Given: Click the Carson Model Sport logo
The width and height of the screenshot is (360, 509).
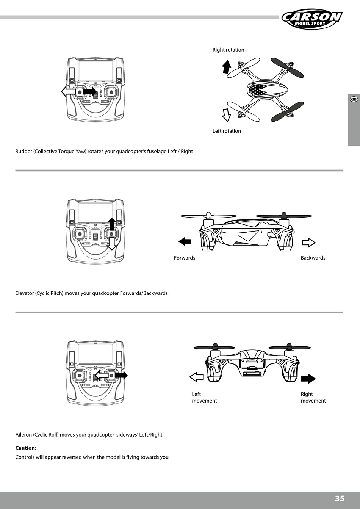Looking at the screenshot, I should coord(311,19).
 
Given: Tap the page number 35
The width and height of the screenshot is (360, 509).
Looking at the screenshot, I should coord(340,498).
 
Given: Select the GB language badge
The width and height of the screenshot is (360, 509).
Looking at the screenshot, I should coord(353,99).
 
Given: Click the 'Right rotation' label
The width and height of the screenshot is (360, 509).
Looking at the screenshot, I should coord(228,50).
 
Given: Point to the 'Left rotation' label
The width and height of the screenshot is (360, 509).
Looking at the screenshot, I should coord(227,131).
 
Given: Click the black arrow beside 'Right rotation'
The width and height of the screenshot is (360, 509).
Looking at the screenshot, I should coord(226,67).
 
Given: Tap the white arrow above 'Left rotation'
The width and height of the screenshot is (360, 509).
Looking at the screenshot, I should coord(226,115).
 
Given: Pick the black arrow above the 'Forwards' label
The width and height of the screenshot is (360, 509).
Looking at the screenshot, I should coord(185,241).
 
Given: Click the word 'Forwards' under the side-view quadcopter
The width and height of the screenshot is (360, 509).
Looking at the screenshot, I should coord(185,258).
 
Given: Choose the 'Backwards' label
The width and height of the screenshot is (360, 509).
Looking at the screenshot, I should coord(313,258).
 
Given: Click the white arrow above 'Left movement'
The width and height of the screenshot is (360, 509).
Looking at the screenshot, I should coord(196,377).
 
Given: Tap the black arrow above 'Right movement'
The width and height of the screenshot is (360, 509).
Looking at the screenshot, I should coord(308,379).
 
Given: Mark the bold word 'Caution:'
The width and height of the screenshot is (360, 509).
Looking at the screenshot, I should coord(26,448).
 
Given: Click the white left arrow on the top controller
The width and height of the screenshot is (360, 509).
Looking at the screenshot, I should coord(68,91).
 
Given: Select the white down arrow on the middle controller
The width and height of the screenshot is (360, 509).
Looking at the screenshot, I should coord(111,244).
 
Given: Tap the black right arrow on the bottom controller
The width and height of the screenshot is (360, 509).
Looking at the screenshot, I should coord(121,375).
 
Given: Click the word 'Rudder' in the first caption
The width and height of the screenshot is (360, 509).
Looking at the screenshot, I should coord(23,152).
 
